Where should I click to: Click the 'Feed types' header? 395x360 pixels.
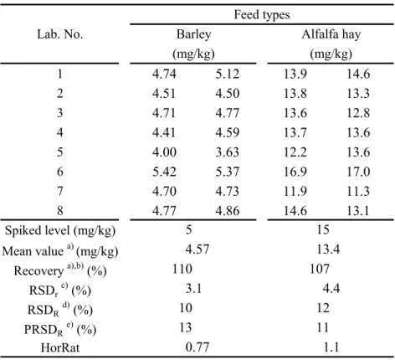262,15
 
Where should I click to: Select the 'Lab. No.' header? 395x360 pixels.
60,34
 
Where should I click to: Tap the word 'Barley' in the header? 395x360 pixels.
193,34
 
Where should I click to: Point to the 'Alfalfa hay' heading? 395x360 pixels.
331,34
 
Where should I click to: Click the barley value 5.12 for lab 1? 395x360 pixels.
228,74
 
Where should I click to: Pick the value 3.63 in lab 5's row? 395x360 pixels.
228,152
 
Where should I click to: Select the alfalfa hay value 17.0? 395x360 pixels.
358,172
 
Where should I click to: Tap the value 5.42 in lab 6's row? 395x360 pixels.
164,172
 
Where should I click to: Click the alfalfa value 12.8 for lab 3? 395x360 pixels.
358,113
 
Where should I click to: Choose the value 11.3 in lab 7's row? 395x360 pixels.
358,191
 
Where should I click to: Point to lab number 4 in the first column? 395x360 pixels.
60,132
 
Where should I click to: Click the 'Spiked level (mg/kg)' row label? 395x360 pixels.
60,231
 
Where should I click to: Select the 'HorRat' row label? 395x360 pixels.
60,347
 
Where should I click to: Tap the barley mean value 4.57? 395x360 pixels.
197,249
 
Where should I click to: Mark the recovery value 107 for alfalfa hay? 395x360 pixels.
320,269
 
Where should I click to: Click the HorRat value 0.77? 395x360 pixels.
197,347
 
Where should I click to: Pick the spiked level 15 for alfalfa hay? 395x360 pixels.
323,229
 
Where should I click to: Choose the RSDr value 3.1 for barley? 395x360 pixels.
193,288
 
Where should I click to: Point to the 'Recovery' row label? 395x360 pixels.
60,270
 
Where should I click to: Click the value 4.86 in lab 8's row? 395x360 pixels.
228,211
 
